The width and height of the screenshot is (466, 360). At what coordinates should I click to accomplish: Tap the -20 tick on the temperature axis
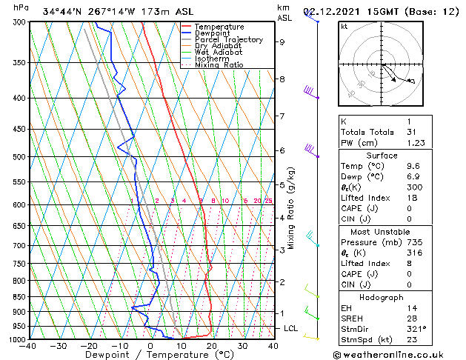[89, 346]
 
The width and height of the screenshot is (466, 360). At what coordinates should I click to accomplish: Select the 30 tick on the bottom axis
[242, 346]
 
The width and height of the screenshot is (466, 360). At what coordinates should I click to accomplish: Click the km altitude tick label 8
[282, 79]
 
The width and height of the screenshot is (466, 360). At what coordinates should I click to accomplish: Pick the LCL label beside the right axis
[291, 328]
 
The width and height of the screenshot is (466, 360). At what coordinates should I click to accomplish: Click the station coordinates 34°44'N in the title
[64, 12]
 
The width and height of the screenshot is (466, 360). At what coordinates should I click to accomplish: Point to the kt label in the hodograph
[344, 27]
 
